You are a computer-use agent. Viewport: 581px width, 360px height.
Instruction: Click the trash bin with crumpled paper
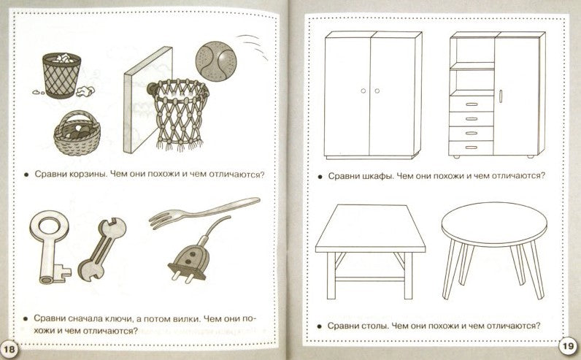coord(61,75)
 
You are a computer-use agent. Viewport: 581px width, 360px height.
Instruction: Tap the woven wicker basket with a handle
coord(77,134)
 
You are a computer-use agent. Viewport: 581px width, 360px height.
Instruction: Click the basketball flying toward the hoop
coord(215,61)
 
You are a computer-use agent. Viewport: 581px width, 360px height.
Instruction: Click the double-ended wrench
coord(102,249)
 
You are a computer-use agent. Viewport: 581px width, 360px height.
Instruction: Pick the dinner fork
coord(204,212)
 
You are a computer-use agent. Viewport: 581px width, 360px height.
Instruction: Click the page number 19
coord(567,348)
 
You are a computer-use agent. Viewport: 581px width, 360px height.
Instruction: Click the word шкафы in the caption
coord(377,176)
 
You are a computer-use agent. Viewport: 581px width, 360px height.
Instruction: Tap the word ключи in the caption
coord(112,318)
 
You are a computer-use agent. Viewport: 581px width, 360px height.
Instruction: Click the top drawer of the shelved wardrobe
coord(472,104)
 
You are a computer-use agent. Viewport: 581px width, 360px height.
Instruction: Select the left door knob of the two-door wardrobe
coord(363,91)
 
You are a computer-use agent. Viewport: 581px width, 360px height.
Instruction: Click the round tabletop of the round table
coord(494,224)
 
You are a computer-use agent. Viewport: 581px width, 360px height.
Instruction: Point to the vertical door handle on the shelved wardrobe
coord(500,96)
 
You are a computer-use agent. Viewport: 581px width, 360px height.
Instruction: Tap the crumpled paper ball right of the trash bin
coord(85,91)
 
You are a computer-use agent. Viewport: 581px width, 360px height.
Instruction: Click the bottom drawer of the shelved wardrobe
coord(471,148)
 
